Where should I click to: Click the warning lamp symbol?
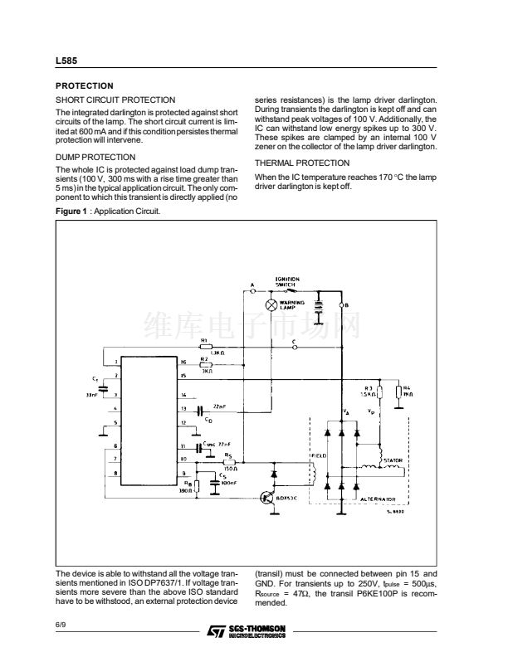[x=271, y=305]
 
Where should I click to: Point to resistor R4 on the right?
[x=398, y=393]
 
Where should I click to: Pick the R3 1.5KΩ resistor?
[x=379, y=393]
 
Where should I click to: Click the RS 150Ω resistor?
[x=229, y=462]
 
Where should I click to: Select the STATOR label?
[x=393, y=459]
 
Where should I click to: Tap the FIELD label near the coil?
[x=320, y=456]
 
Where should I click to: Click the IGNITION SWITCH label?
[x=287, y=281]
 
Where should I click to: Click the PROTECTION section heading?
[x=84, y=85]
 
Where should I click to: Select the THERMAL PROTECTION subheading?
[x=302, y=163]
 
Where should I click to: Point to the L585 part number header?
[x=66, y=61]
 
